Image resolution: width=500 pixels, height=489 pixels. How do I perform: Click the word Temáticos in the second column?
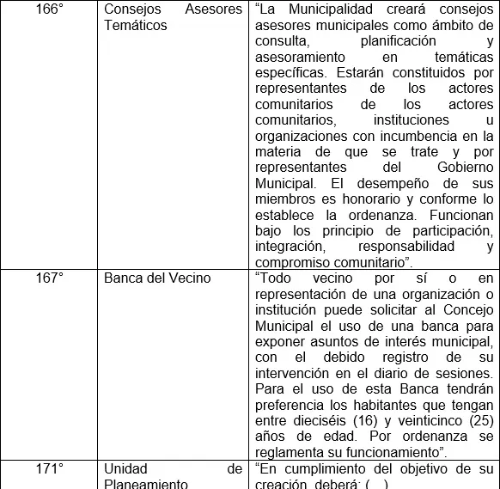135,26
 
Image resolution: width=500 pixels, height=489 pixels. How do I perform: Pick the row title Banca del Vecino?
157,278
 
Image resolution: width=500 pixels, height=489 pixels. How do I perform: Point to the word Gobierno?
460,167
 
